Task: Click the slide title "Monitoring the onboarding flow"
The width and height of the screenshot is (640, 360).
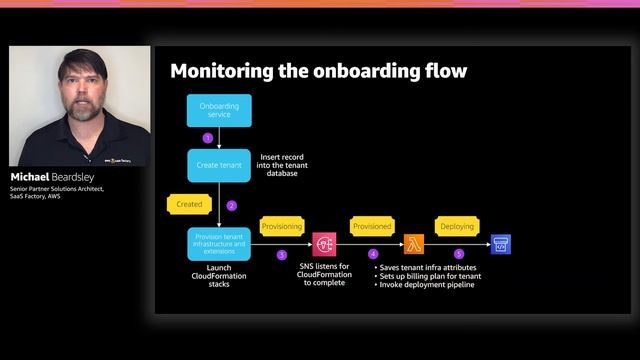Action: tap(319, 71)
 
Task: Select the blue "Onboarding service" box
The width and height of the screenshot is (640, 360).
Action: tap(219, 111)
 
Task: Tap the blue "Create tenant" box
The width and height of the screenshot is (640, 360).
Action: tap(219, 165)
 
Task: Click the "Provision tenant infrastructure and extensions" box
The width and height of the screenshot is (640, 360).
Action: tap(218, 244)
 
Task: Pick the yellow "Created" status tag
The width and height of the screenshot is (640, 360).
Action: tap(190, 203)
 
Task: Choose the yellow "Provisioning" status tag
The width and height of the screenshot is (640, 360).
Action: tap(281, 227)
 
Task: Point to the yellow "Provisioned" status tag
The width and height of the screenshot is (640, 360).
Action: tap(372, 227)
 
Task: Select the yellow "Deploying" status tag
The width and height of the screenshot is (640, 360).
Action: tap(458, 227)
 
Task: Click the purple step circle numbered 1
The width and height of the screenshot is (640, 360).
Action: tap(208, 138)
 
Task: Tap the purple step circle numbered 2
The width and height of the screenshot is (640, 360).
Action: tap(231, 205)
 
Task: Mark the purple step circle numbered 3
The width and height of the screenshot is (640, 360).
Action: tap(281, 254)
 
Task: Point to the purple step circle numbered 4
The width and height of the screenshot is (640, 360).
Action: tap(373, 254)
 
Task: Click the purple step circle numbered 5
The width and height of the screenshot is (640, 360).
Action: tap(459, 254)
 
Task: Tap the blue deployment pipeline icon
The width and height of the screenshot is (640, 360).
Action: tap(500, 244)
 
